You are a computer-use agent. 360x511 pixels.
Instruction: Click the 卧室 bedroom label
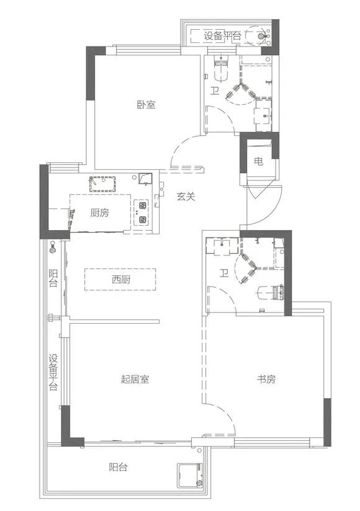[146, 105]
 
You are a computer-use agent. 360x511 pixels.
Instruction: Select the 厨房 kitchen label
[99, 213]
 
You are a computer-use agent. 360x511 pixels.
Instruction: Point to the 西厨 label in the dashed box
[121, 280]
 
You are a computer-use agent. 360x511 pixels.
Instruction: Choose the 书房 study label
[265, 379]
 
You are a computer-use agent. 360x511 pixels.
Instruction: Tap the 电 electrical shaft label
[258, 162]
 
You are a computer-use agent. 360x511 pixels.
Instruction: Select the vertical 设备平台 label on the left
[53, 371]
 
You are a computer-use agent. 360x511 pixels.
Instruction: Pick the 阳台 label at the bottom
[118, 467]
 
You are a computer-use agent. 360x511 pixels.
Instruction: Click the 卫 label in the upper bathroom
[214, 92]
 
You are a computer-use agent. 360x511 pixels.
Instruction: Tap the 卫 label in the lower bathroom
[223, 272]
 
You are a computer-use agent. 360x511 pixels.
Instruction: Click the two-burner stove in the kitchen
[142, 212]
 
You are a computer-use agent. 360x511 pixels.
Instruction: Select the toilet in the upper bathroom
[218, 69]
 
